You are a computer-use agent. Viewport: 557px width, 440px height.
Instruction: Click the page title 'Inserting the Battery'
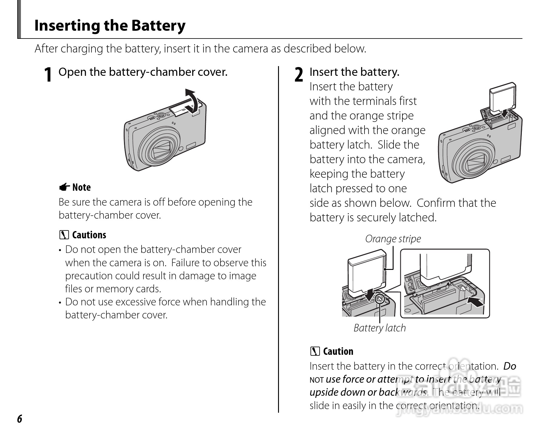[x=110, y=25]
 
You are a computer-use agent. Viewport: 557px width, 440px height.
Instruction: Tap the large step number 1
[x=48, y=75]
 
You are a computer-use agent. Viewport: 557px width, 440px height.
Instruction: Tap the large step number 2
[x=299, y=75]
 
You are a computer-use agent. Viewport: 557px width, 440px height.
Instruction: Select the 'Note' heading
[x=81, y=187]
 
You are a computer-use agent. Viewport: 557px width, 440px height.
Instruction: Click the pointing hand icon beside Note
[x=64, y=188]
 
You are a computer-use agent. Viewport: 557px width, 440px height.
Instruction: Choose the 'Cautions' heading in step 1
[x=89, y=235]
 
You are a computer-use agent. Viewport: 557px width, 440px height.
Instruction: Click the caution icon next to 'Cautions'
[x=64, y=235]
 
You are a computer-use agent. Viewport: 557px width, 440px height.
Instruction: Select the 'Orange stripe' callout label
[x=393, y=239]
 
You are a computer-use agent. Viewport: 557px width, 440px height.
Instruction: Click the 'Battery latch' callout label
[x=380, y=328]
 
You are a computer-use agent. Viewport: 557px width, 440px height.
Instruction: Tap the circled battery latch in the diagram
[x=379, y=299]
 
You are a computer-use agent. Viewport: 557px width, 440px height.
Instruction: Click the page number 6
[x=20, y=419]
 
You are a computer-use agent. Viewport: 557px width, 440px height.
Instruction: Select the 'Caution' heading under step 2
[x=338, y=351]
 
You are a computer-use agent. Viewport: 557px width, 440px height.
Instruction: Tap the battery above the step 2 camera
[x=503, y=98]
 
